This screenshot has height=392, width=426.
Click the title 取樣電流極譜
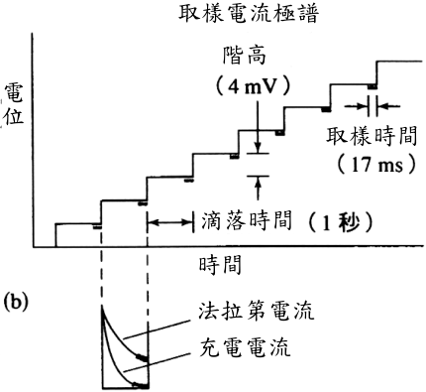tap(249, 13)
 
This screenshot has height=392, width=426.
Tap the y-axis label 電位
tap(14, 104)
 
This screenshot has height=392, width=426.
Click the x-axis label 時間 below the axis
tap(220, 264)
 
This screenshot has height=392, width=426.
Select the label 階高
tap(245, 55)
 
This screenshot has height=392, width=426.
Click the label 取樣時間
tap(372, 136)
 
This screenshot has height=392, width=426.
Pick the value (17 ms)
tap(376, 164)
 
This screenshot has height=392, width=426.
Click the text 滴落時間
tap(247, 221)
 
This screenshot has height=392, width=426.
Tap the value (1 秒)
tap(341, 222)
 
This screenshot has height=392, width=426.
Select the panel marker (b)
tap(15, 303)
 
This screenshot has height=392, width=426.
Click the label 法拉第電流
tap(256, 311)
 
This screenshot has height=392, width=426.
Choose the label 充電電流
tap(245, 347)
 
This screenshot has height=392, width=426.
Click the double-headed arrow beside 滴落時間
tap(170, 222)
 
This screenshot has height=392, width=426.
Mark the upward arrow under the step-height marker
tap(258, 188)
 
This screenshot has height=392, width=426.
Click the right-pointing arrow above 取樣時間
tap(356, 106)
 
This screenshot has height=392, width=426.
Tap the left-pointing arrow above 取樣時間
tap(389, 106)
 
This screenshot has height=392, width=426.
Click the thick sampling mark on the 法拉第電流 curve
tap(143, 357)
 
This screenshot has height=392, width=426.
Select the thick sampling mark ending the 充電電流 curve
tap(141, 385)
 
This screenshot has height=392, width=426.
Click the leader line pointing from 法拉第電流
tap(157, 329)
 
